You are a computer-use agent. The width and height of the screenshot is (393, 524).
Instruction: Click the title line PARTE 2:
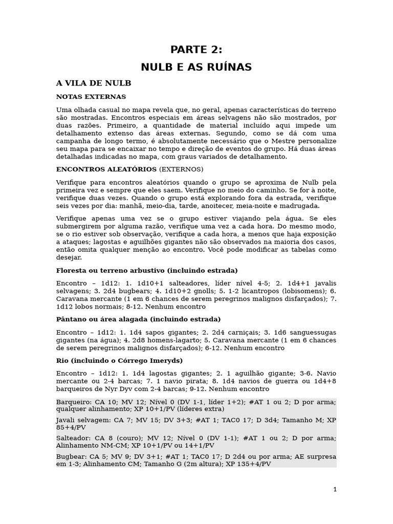[x=196, y=50]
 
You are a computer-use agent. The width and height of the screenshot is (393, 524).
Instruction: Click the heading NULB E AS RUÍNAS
[x=196, y=67]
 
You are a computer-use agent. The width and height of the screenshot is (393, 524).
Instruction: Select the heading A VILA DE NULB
[x=94, y=83]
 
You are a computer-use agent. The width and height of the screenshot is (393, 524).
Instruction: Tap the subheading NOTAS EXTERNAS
[x=91, y=97]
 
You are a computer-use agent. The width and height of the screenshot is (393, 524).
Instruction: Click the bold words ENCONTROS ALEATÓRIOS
[x=106, y=169]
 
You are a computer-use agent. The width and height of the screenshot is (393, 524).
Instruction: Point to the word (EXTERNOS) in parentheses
[x=181, y=169]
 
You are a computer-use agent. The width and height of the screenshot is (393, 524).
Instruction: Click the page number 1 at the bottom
[x=335, y=489]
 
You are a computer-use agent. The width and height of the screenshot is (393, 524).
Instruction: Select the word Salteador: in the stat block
[x=74, y=438]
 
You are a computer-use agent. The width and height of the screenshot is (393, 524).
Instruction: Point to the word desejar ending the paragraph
[x=69, y=258]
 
